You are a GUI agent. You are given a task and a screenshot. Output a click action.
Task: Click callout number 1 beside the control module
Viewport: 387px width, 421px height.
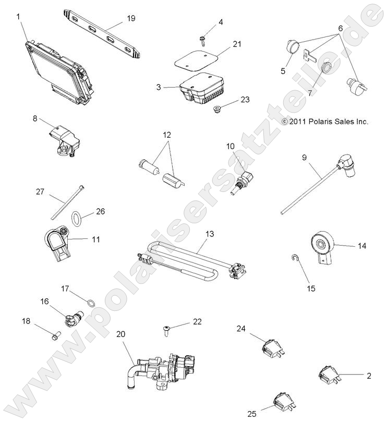pos(19,17)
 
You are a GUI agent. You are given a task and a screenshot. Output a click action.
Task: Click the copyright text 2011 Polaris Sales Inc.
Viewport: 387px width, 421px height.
pos(324,122)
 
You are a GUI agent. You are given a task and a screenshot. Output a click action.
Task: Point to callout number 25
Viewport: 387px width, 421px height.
pos(252,414)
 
